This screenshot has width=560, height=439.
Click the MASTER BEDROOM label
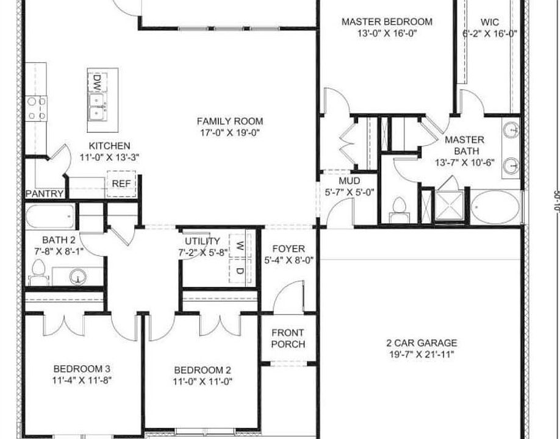(387, 22)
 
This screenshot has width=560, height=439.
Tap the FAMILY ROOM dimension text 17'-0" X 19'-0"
(229, 132)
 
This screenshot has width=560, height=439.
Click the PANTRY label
(45, 194)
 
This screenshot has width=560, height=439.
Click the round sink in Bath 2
(77, 277)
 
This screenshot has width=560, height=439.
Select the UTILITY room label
(203, 241)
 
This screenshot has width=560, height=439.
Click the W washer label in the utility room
(240, 247)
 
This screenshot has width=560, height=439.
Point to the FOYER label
(289, 249)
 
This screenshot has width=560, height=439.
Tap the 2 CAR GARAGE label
(422, 343)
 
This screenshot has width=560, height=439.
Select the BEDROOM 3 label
(82, 368)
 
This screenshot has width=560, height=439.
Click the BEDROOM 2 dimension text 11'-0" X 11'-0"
(203, 382)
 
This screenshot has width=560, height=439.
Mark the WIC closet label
(490, 22)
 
